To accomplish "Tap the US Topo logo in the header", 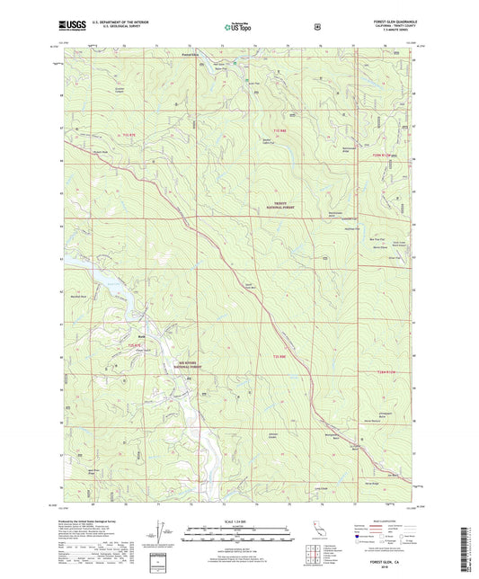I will pyautogui.click(x=238, y=27).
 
